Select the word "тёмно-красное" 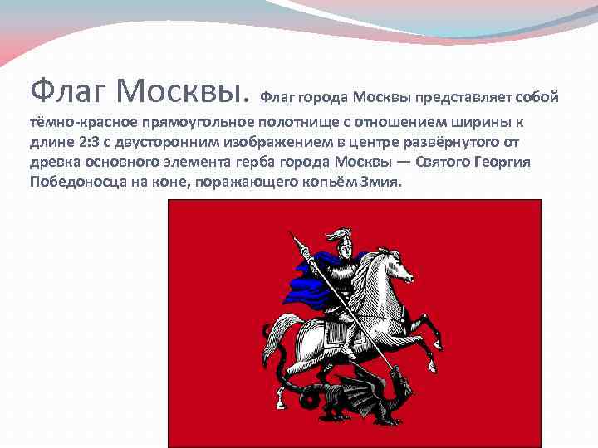point(72,123)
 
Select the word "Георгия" point(527,161)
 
